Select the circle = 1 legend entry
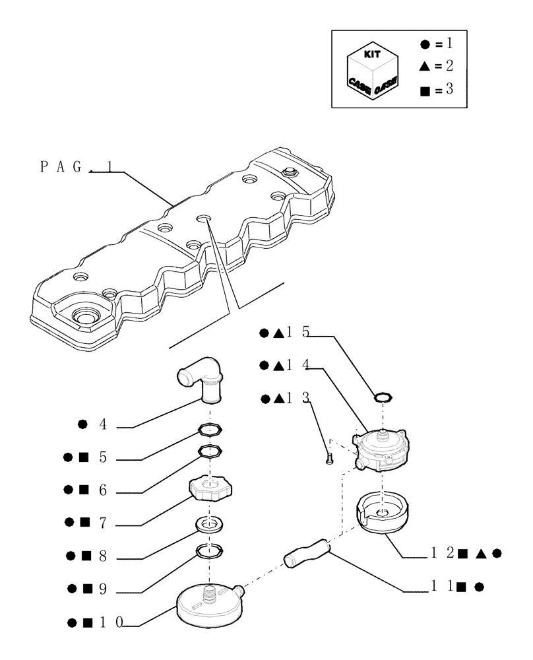436,45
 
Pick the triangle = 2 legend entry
436,66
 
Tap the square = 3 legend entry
436,88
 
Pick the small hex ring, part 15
383,397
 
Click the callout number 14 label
298,365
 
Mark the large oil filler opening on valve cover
84,315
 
